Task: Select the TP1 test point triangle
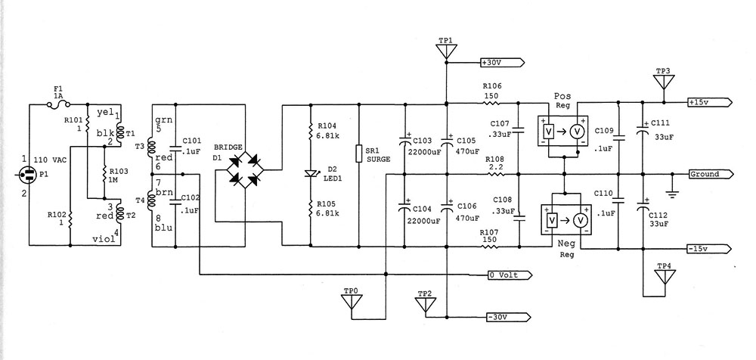point(446,51)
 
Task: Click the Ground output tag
point(708,175)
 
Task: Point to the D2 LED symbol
point(311,173)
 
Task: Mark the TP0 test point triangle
point(352,303)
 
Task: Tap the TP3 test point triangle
point(663,81)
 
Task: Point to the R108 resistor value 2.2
point(497,166)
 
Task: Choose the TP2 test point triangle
point(425,304)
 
